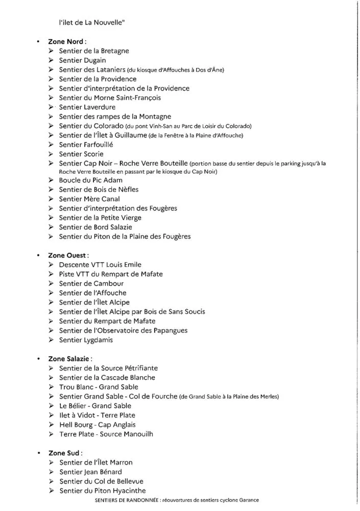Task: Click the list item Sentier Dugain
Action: point(83,60)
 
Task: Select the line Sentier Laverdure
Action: point(87,107)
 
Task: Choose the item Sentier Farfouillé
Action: point(86,145)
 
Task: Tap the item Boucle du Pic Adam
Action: point(91,180)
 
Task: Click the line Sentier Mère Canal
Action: point(89,199)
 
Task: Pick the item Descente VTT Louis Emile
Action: point(100,265)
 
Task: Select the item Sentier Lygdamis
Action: point(86,340)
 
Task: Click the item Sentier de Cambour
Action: point(91,284)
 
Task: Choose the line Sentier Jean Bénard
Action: point(90,472)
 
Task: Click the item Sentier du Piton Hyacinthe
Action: point(102,491)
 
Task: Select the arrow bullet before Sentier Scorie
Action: point(52,154)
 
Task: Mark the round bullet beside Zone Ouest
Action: point(38,255)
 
